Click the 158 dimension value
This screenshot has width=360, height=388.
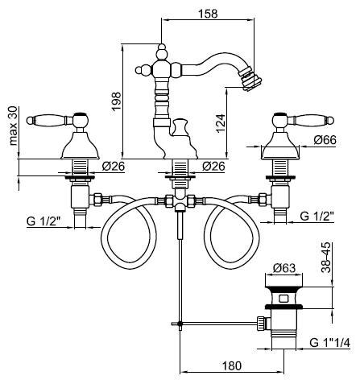208,14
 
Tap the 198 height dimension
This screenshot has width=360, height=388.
117,101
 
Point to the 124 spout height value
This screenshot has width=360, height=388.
221,123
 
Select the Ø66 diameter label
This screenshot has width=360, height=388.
325,140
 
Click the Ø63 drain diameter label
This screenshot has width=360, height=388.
284,268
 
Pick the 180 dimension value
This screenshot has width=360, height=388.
232,365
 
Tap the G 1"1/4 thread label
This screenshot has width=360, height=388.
330,343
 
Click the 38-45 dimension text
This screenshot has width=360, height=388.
326,258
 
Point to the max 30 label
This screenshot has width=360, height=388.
13,126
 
